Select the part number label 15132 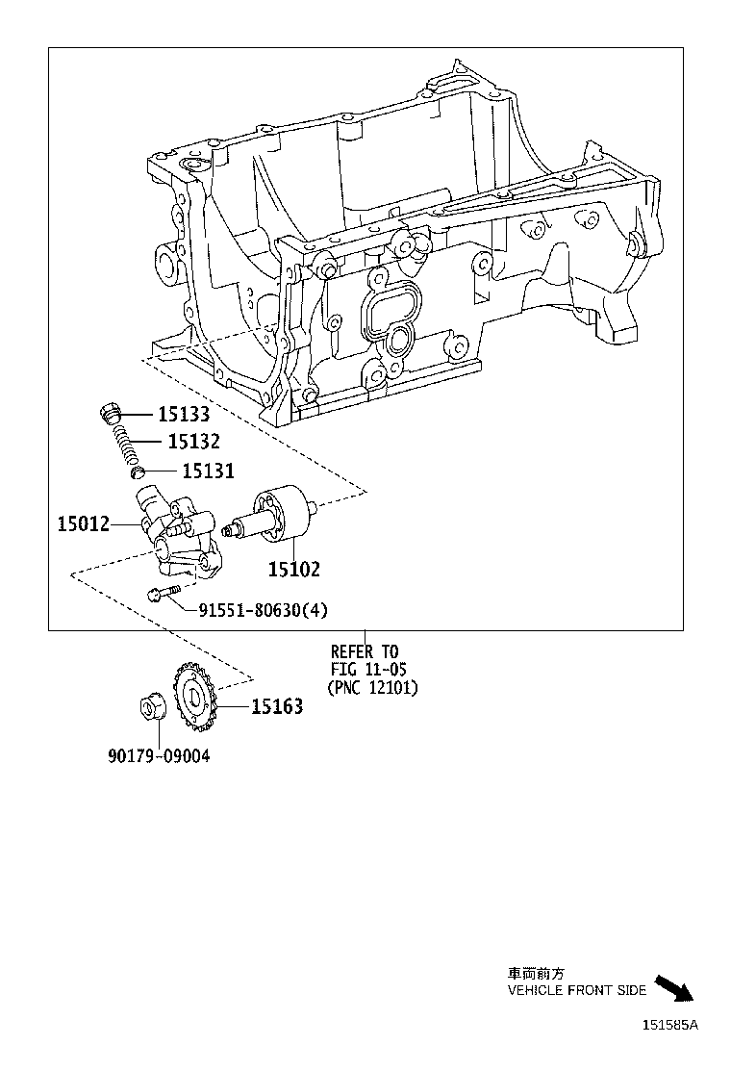point(193,442)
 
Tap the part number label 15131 point(208,471)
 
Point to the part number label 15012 point(83,524)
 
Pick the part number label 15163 point(277,707)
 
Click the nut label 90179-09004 point(158,756)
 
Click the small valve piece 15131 point(137,472)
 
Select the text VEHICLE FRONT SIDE point(577,990)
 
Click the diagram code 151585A point(670,1025)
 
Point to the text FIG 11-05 point(368,670)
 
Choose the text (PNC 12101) point(373,687)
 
